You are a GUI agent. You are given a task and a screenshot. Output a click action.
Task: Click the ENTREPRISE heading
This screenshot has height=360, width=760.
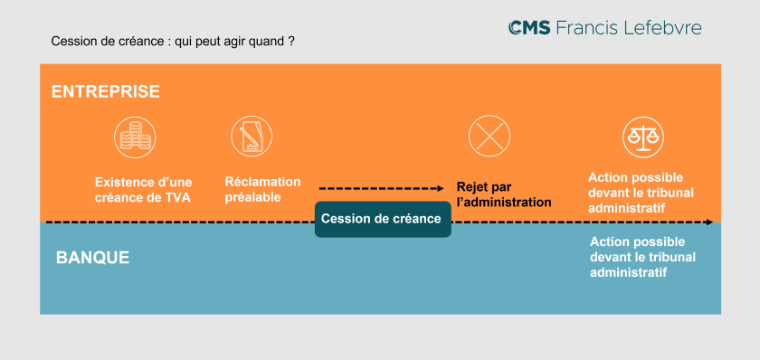tap(105, 91)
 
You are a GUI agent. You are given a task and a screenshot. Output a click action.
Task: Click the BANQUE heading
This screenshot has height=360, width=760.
tap(92, 257)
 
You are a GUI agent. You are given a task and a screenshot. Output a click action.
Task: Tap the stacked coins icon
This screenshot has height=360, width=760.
tap(136, 137)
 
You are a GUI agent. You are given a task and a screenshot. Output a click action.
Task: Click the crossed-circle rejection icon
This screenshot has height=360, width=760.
tap(490, 137)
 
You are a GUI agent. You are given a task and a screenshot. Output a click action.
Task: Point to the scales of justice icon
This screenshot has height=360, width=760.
tap(643, 137)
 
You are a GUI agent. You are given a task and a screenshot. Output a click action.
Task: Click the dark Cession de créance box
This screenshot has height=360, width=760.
tap(382, 218)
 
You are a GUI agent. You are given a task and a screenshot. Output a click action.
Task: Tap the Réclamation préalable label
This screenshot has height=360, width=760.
tap(262, 189)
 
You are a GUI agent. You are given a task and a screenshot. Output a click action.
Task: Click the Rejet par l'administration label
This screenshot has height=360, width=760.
tap(503, 194)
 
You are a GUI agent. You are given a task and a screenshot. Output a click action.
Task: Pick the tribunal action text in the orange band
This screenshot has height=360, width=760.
tap(635, 192)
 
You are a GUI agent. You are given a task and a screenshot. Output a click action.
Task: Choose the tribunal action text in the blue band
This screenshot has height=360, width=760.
tap(637, 257)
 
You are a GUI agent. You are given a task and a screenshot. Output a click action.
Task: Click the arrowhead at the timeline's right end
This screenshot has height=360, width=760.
tap(708, 222)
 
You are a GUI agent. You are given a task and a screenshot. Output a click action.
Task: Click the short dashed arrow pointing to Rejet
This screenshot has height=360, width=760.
tap(385, 187)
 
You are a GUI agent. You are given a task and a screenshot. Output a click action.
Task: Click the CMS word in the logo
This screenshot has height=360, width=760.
tap(529, 28)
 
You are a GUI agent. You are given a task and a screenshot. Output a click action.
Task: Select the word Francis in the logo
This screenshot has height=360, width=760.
tap(587, 28)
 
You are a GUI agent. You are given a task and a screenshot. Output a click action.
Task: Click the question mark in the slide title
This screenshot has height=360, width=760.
tap(291, 42)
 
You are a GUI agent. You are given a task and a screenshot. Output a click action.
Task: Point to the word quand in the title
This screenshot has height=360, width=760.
tap(267, 42)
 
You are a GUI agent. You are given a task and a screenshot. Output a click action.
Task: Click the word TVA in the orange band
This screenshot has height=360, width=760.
tap(178, 198)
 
